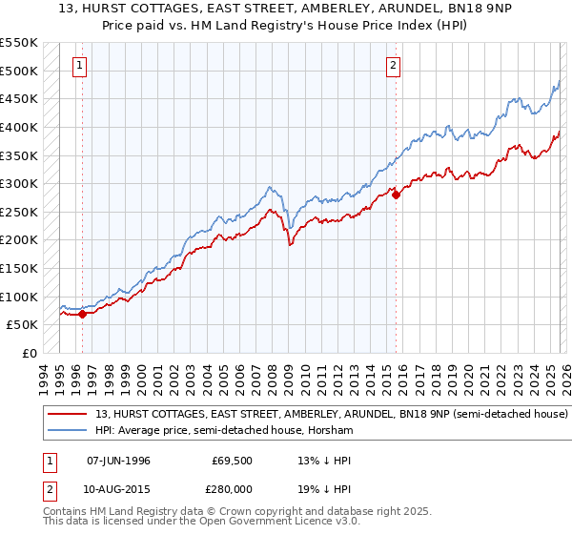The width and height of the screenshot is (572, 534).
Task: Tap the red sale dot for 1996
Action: tap(82, 313)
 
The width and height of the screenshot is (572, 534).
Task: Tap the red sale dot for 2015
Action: tap(397, 195)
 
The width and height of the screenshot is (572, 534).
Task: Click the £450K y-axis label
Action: tap(20, 98)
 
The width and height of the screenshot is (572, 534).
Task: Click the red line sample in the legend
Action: tap(69, 415)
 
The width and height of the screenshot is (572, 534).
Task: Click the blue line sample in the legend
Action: tap(69, 431)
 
